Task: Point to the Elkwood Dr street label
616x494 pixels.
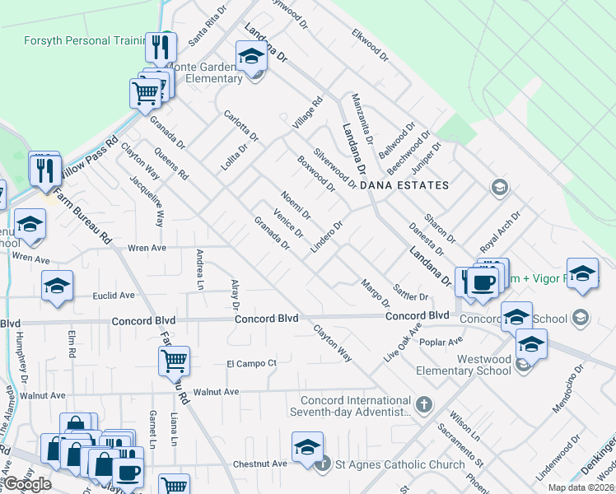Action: (369, 44)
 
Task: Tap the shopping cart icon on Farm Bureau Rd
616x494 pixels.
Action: (175, 360)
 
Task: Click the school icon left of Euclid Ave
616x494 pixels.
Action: (58, 287)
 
